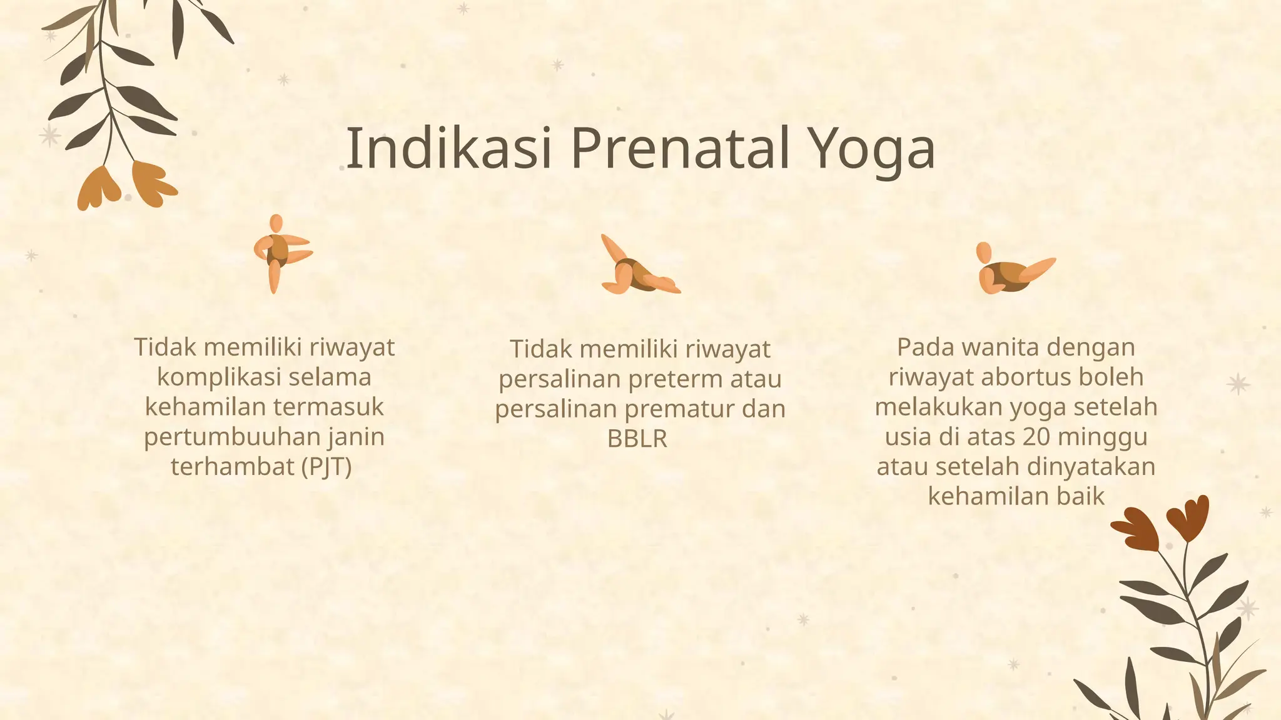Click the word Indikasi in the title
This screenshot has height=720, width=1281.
[x=448, y=149]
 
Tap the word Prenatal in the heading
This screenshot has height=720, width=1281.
[x=680, y=149]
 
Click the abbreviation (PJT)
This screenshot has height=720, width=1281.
[x=327, y=467]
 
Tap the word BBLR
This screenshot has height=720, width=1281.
[x=637, y=439]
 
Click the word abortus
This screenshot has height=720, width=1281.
[x=1026, y=377]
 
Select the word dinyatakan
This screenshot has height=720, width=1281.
[x=1091, y=467]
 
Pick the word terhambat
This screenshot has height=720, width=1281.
[x=232, y=467]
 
